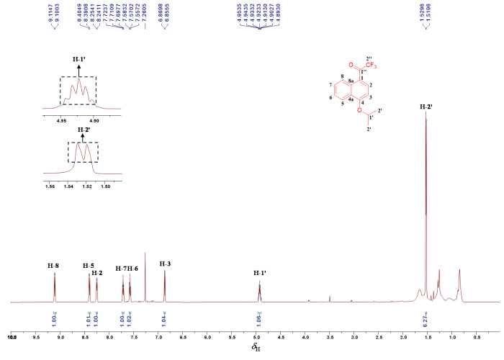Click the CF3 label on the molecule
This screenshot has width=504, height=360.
[x=372, y=67]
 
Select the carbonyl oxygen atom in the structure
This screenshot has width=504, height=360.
[x=368, y=58]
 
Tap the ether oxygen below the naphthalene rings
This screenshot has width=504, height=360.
[x=357, y=109]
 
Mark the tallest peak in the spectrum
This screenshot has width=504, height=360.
[x=426, y=115]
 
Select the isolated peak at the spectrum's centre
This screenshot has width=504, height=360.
[x=259, y=282]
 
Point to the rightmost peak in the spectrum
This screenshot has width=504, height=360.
[x=459, y=271]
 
